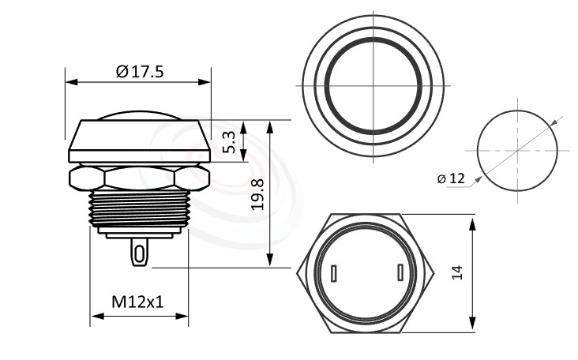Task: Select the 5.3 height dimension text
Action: point(230,142)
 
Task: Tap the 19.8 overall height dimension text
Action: point(257,194)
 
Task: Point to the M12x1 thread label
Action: point(139,302)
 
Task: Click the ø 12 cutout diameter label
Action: point(451,178)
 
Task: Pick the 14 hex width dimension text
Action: point(458,272)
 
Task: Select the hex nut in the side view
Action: point(139,178)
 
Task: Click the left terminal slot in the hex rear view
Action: point(334,274)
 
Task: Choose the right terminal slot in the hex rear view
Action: point(401,273)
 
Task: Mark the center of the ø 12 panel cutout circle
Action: point(517,150)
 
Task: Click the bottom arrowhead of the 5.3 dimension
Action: point(243,156)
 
